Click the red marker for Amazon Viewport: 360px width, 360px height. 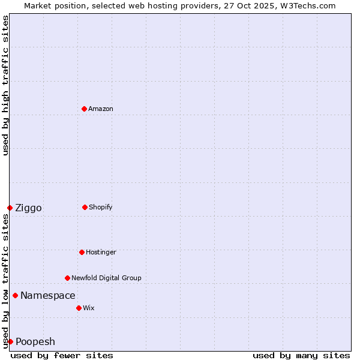pyautogui.click(x=84, y=109)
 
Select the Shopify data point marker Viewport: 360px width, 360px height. pyautogui.click(x=85, y=207)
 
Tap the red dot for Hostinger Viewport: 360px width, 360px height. pyautogui.click(x=82, y=252)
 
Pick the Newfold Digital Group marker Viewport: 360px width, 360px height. pyautogui.click(x=67, y=278)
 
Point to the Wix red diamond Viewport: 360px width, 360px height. pyautogui.click(x=79, y=308)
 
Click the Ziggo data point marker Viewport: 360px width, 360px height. pyautogui.click(x=10, y=208)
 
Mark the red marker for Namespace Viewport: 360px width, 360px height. pyautogui.click(x=15, y=295)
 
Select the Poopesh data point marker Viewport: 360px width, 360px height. pyautogui.click(x=10, y=341)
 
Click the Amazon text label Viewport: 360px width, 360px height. pyautogui.click(x=101, y=109)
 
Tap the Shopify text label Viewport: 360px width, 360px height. pyautogui.click(x=101, y=207)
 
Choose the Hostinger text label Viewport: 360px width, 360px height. pyautogui.click(x=101, y=252)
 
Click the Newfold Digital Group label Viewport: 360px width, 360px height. pyautogui.click(x=106, y=278)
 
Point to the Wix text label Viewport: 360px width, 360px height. pyautogui.click(x=89, y=308)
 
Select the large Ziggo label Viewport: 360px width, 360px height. pyautogui.click(x=28, y=208)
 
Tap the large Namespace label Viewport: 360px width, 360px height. pyautogui.click(x=48, y=295)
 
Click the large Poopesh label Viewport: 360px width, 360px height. pyautogui.click(x=35, y=341)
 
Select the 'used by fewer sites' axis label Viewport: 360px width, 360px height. pyautogui.click(x=62, y=355)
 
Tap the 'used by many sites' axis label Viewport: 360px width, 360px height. pyautogui.click(x=301, y=355)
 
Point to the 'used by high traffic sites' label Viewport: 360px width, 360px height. pyautogui.click(x=5, y=85)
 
